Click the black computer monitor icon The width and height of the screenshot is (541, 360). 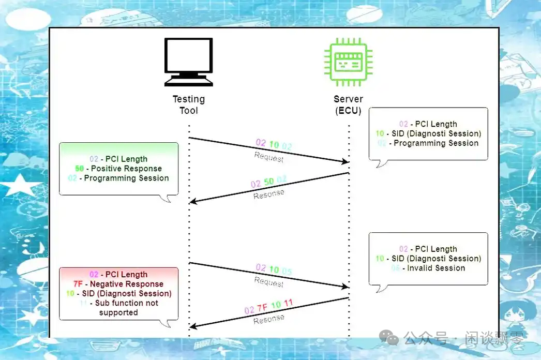click(x=188, y=62)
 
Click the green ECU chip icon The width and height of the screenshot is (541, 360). click(x=348, y=62)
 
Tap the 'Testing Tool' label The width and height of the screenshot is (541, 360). click(x=188, y=104)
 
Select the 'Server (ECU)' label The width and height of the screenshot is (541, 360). click(x=348, y=104)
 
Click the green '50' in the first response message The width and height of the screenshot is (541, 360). click(x=269, y=182)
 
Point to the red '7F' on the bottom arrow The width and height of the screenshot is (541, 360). click(x=263, y=307)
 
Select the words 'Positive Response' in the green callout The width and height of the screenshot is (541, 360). click(x=126, y=169)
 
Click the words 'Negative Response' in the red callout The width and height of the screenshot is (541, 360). click(x=126, y=284)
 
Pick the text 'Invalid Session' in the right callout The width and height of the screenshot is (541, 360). click(x=435, y=268)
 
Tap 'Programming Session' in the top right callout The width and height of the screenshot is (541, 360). click(x=436, y=143)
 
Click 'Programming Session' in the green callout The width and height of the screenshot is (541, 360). click(x=126, y=178)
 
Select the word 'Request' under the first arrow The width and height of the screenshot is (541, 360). click(x=269, y=157)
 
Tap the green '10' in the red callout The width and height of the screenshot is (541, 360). click(x=70, y=293)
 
